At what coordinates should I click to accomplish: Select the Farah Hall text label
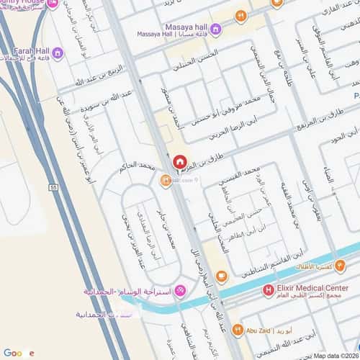31,52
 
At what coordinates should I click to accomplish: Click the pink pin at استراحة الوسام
180,291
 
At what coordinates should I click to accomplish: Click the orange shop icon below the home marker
165,181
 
